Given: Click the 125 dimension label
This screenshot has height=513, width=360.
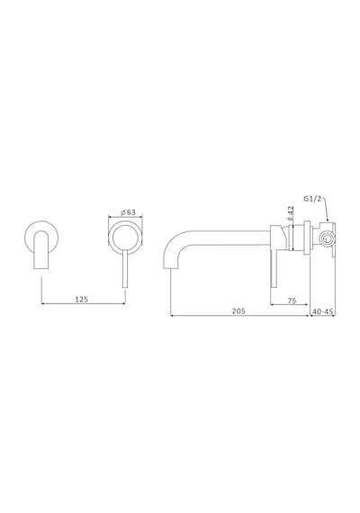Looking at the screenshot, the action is (82, 299).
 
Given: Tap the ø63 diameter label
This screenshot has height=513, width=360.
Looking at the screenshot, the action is (128, 212).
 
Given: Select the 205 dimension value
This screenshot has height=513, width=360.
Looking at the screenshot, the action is (238, 311).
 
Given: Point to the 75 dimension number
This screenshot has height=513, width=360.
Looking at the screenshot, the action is (292, 301).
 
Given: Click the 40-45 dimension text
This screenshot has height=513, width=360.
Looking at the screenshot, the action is (323, 311).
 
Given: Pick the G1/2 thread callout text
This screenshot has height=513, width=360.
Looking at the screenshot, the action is (312, 199).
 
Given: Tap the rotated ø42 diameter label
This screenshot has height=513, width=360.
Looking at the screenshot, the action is (292, 213).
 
